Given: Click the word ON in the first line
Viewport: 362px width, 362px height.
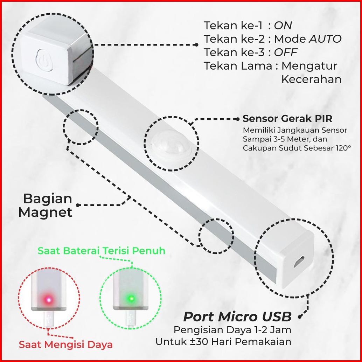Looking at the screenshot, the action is pos(283,25).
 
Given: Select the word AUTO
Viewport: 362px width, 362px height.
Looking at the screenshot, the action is pos(325,39).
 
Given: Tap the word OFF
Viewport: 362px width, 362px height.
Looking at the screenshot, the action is pos(285,52).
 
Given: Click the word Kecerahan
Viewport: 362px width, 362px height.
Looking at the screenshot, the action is pos(311,79).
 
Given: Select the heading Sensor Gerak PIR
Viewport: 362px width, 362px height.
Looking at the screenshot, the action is pos(287,118).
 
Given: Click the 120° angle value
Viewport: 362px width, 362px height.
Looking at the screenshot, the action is pos(342,148).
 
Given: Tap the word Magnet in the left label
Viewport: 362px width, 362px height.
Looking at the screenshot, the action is pos(45,212).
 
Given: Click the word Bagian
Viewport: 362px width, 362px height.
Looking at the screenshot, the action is pos(48,199).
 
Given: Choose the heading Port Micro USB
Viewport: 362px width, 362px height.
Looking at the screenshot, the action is pos(237,317).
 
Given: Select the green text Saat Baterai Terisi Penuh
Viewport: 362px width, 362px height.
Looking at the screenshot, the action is pos(102,251).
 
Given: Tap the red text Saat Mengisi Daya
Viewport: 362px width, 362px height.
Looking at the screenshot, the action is pos(66,344).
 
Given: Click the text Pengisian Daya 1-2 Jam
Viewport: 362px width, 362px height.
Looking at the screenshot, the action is pos(232,329).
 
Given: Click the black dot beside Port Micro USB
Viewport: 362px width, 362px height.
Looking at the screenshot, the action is pos(300,316).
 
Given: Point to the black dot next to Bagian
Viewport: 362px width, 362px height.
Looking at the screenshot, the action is pos(78,205).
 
